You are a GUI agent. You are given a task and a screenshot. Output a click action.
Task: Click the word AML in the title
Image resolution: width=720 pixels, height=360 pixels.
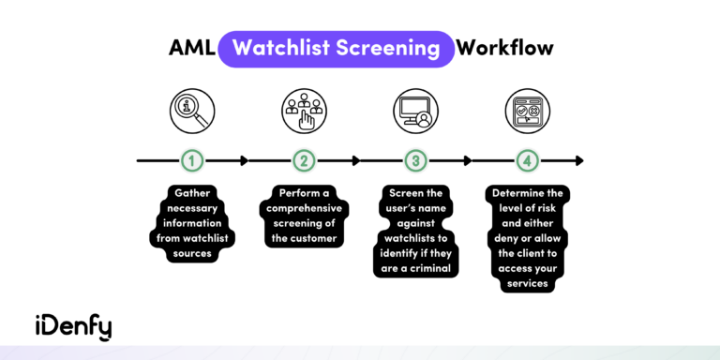[189, 48]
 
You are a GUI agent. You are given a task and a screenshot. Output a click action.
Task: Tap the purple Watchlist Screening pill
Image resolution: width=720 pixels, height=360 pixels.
[336, 48]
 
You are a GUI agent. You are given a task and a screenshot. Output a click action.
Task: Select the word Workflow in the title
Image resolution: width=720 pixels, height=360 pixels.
[506, 48]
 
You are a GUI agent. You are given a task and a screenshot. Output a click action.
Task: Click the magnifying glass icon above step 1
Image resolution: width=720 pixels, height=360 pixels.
[192, 110]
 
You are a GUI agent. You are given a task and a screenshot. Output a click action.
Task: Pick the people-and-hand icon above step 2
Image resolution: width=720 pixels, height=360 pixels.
[304, 110]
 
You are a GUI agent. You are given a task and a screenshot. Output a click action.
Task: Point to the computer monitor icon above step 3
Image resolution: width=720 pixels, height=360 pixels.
[415, 110]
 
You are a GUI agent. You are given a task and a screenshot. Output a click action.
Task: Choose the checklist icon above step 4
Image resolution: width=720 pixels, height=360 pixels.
[527, 110]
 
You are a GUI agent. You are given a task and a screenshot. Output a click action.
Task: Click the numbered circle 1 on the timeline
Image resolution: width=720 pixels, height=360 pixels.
[192, 160]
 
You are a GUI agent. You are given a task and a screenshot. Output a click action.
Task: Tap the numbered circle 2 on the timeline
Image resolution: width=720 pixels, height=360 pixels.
[304, 160]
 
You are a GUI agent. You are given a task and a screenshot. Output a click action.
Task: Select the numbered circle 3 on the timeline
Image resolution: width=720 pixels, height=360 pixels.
[415, 160]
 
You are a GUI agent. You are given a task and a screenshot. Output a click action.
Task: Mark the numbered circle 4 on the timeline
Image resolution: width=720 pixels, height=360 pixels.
[527, 160]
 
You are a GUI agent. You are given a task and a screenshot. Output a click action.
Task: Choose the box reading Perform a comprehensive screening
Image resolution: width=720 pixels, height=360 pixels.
[304, 217]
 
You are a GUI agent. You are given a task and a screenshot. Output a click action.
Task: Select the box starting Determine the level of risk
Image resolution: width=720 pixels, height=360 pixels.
[527, 238]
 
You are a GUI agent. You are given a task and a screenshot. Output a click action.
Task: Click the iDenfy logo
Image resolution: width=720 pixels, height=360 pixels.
[74, 325]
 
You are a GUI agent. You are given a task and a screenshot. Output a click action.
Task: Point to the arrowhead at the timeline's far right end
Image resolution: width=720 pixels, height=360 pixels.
[578, 160]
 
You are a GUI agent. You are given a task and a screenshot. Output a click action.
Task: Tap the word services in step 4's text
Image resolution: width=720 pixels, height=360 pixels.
[527, 283]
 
